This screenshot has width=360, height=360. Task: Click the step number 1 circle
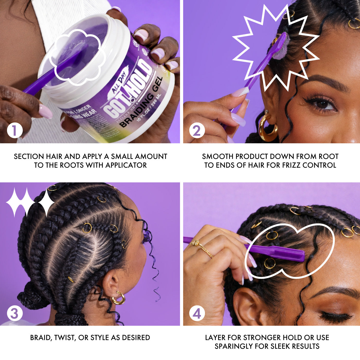(x=14, y=131)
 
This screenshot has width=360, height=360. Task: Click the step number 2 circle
(x=197, y=131)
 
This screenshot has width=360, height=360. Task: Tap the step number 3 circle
(x=14, y=313)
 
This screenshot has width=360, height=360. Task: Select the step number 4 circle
(x=197, y=313)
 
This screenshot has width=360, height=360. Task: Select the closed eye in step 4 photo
(x=334, y=316)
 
